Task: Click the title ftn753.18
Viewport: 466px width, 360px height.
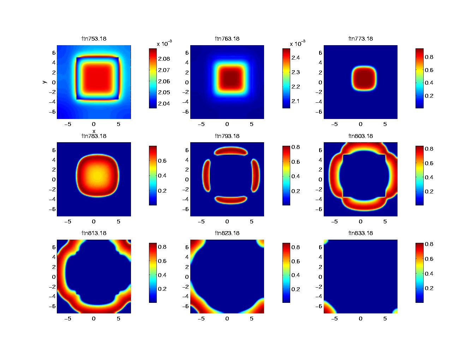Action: click(94, 38)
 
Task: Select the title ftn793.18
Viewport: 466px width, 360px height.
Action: click(227, 136)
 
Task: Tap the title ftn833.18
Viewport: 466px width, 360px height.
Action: click(360, 233)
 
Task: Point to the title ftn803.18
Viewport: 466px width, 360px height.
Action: click(360, 136)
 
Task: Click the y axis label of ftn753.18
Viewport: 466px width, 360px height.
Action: click(44, 82)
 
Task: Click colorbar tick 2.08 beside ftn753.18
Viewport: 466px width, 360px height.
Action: click(164, 59)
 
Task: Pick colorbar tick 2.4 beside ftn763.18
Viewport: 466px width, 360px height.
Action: click(295, 57)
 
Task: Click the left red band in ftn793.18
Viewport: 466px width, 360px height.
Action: click(206, 175)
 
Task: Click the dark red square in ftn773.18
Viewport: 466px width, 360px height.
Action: click(364, 78)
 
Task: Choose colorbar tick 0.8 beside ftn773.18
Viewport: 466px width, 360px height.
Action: click(429, 57)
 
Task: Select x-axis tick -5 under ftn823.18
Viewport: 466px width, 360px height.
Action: click(201, 319)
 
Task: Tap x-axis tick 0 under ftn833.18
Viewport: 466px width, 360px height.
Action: click(360, 319)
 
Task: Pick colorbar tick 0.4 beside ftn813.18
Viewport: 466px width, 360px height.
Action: click(162, 275)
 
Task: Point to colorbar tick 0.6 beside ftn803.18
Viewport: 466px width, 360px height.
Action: click(429, 163)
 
